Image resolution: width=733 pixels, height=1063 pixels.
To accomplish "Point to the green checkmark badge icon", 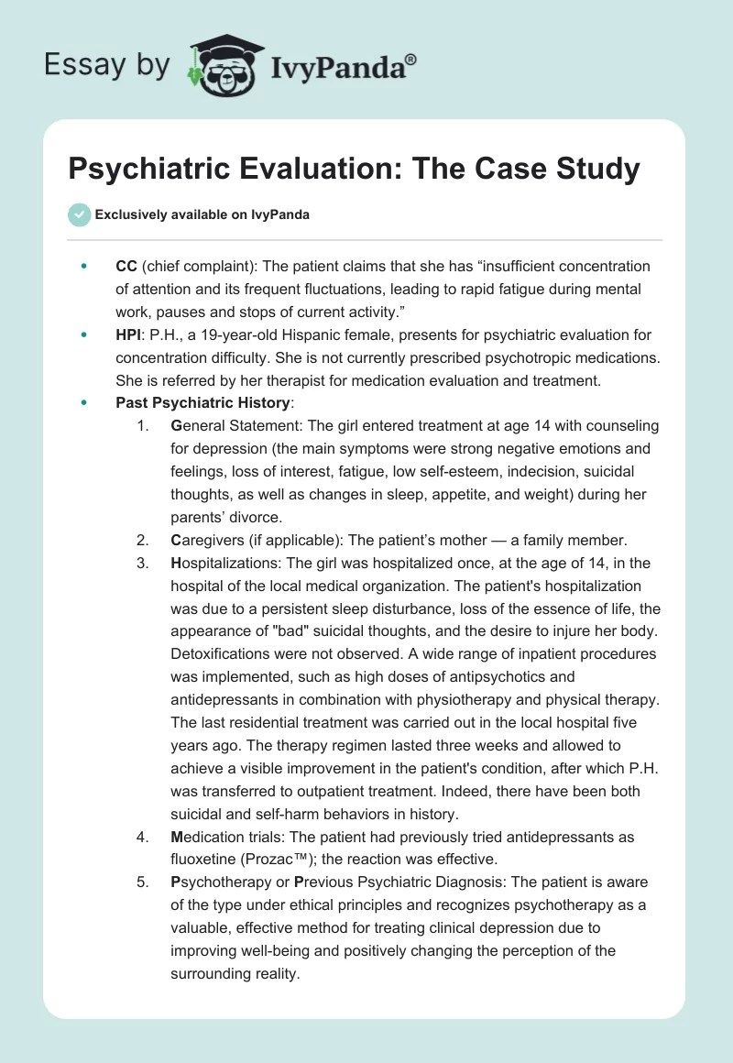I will [80, 214].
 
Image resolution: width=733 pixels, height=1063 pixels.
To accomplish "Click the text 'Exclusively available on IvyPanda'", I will [202, 214].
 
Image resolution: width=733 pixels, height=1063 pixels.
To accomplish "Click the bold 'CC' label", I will [126, 267].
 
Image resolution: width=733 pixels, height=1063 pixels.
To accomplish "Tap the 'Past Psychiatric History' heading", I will [202, 402].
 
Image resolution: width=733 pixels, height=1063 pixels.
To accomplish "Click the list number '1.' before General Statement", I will [142, 426].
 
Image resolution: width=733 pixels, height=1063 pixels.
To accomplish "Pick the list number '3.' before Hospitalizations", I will [142, 563].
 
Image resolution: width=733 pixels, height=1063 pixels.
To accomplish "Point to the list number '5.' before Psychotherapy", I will [142, 882].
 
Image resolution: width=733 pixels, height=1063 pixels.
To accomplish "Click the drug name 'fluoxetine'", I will [202, 860].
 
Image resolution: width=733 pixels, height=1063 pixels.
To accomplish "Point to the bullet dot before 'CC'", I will [84, 267].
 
